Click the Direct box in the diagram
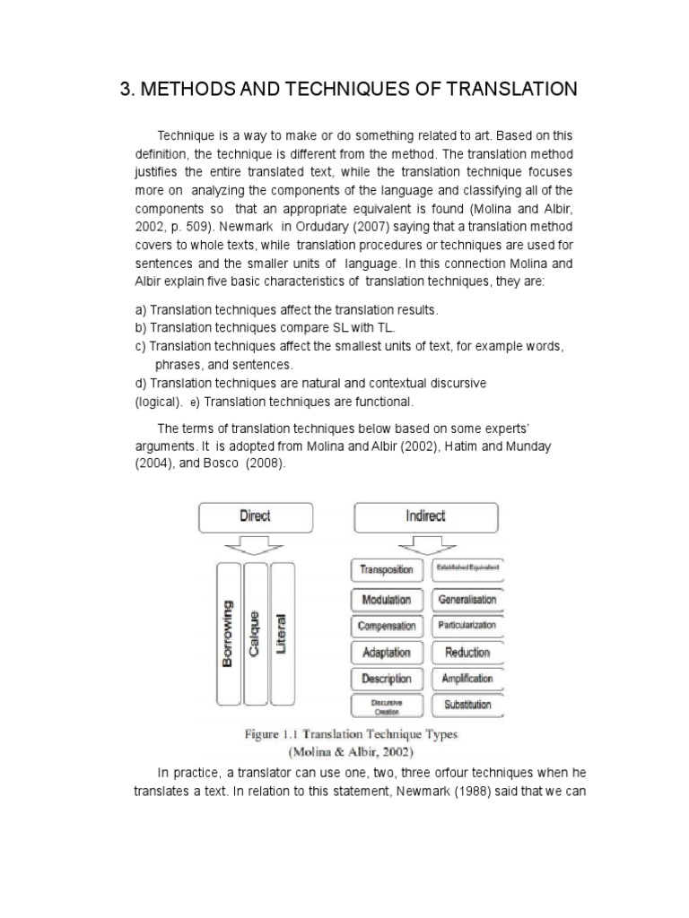[255, 516]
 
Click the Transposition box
[387, 569]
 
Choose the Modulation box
[387, 599]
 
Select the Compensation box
[387, 626]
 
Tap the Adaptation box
[387, 652]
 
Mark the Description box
[387, 679]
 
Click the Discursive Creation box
[387, 706]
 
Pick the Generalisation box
[467, 599]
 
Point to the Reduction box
[467, 652]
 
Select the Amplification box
[467, 679]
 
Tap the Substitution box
[467, 705]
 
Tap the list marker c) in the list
[140, 346]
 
